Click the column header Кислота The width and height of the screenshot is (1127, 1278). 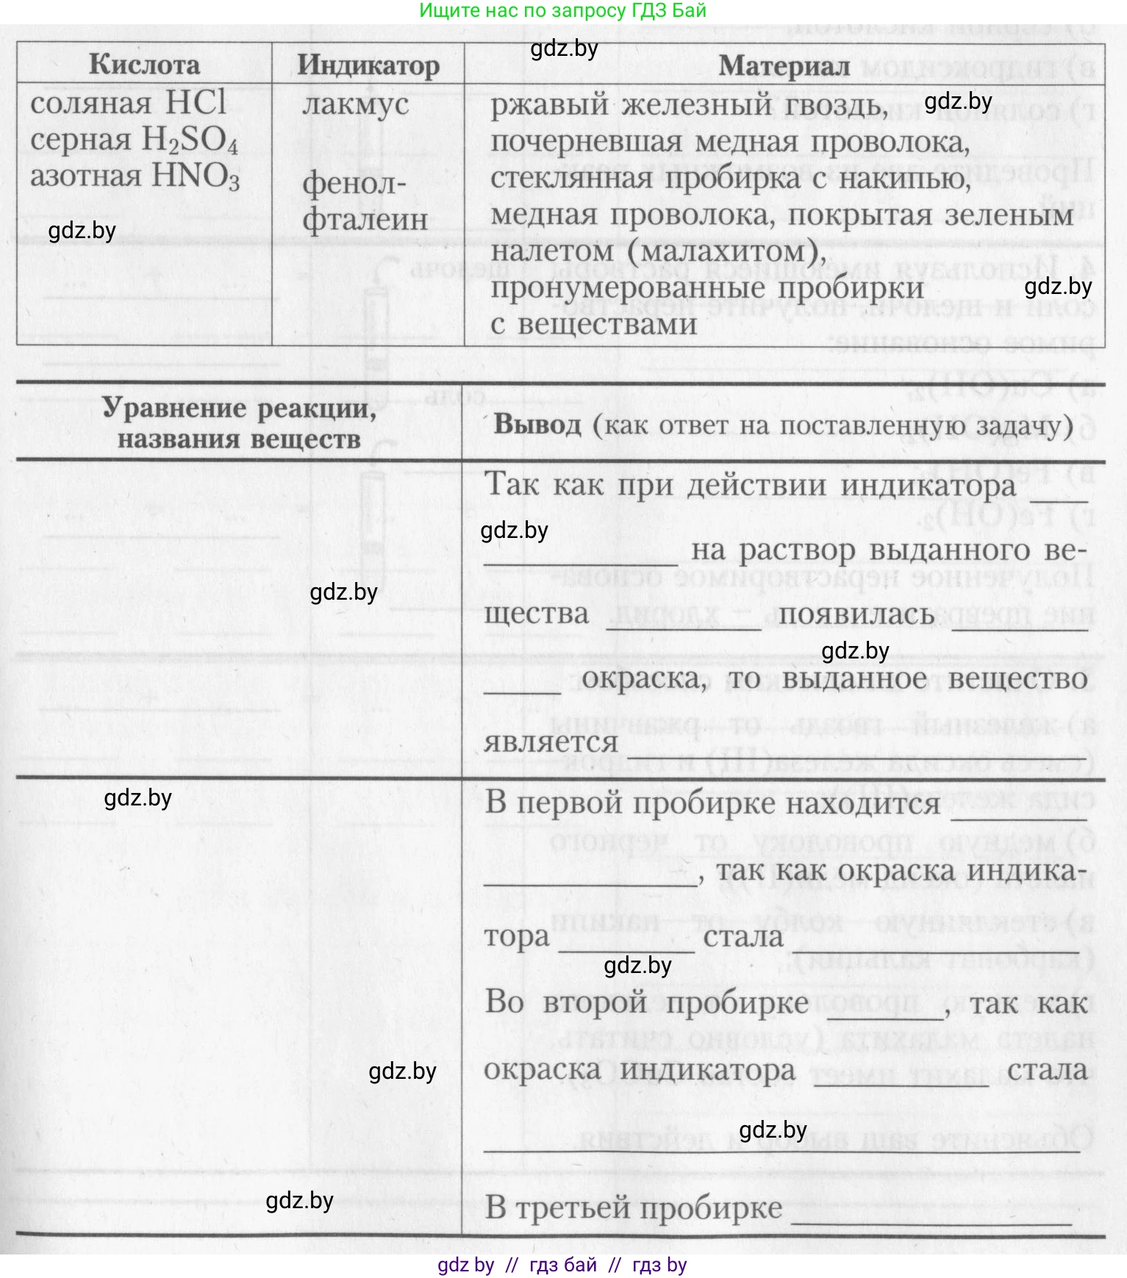pyautogui.click(x=144, y=65)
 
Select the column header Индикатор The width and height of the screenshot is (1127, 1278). pyautogui.click(x=368, y=65)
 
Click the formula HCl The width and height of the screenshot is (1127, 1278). pyautogui.click(x=196, y=103)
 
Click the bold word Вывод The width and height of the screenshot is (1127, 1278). pyautogui.click(x=537, y=424)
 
